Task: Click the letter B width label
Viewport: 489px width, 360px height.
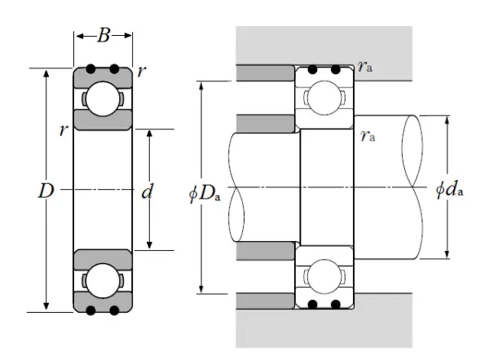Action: (104, 36)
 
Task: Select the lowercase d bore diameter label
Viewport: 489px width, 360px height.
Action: (148, 192)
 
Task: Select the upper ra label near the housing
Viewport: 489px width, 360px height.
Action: (366, 66)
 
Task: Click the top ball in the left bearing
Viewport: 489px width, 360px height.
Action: (103, 99)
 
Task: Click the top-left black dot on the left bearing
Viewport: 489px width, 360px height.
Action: (91, 68)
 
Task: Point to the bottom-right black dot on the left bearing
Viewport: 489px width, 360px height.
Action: (115, 310)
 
